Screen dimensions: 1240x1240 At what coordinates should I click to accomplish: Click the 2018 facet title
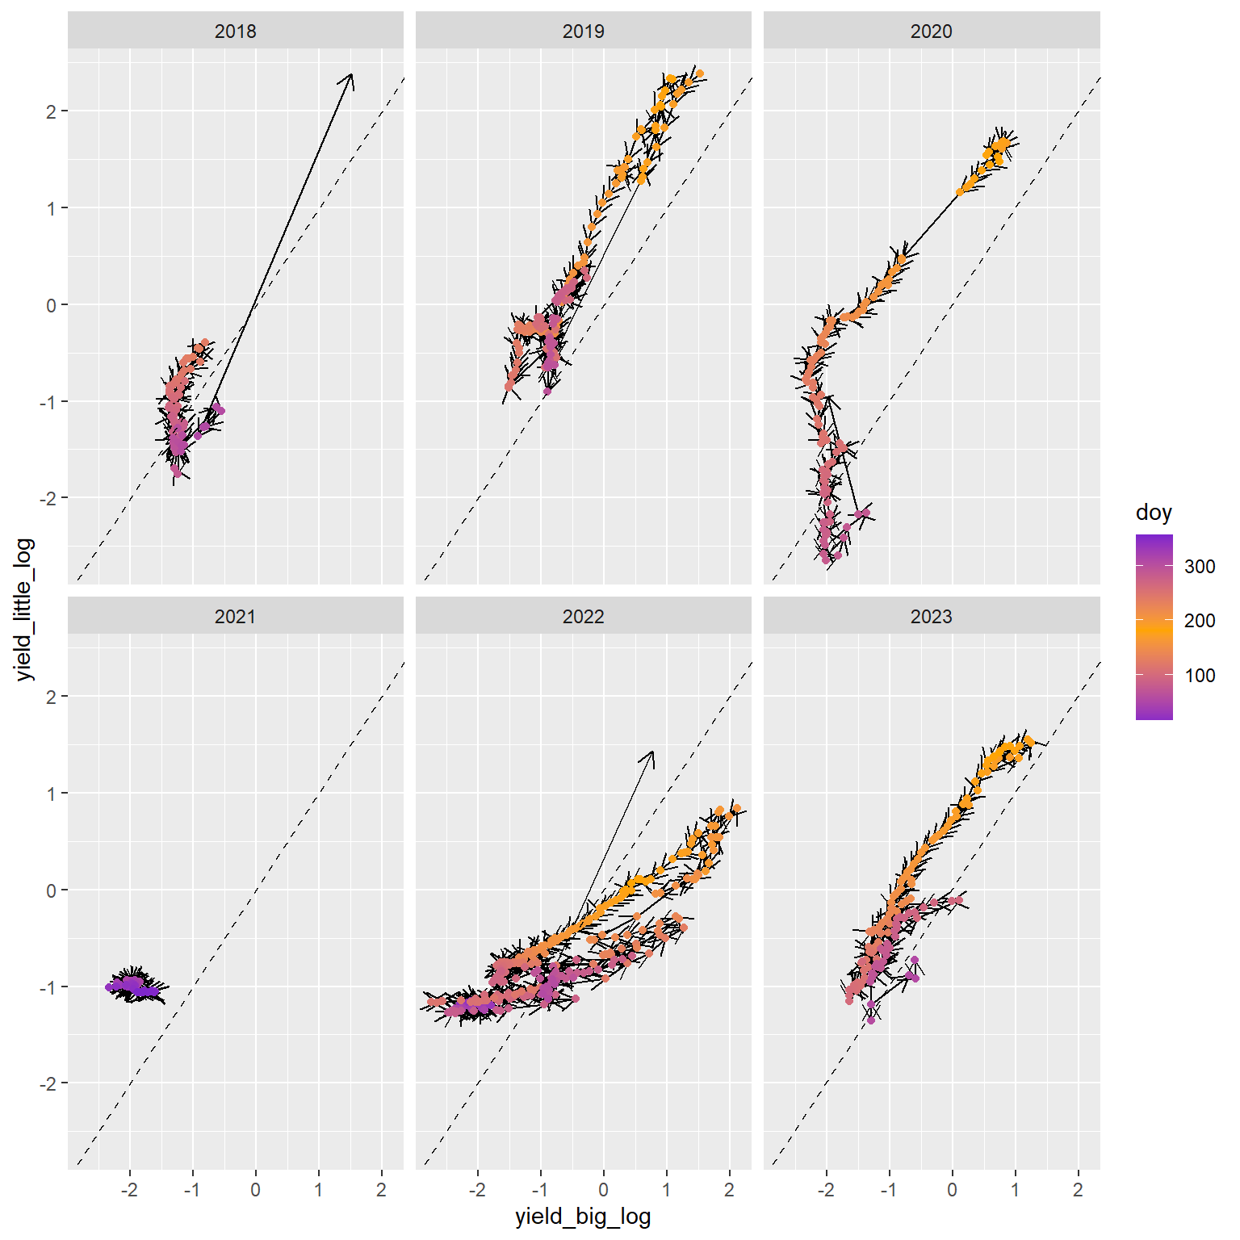pyautogui.click(x=235, y=31)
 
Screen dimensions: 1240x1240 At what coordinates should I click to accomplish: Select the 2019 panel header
pyautogui.click(x=583, y=31)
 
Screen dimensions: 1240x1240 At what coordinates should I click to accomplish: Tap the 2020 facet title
pyautogui.click(x=931, y=31)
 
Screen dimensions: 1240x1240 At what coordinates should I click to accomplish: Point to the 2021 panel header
pyautogui.click(x=235, y=617)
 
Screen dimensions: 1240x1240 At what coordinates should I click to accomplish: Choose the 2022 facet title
pyautogui.click(x=583, y=617)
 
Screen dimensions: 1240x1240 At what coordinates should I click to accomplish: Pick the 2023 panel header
pyautogui.click(x=931, y=617)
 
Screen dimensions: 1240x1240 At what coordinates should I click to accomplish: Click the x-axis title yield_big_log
pyautogui.click(x=583, y=1217)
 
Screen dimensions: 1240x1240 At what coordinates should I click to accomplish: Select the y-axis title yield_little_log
pyautogui.click(x=25, y=610)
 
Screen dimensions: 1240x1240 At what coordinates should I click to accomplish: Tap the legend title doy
pyautogui.click(x=1153, y=513)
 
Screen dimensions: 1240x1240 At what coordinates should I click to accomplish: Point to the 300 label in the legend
pyautogui.click(x=1200, y=567)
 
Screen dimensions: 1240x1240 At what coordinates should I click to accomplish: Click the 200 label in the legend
pyautogui.click(x=1200, y=621)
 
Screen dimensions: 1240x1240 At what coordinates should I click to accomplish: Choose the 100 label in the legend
pyautogui.click(x=1200, y=676)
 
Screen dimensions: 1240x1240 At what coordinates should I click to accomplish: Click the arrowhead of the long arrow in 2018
pyautogui.click(x=350, y=76)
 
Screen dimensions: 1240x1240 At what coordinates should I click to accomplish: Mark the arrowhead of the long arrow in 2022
pyautogui.click(x=651, y=753)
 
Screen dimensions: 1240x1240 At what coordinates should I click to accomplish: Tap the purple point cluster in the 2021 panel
pyautogui.click(x=133, y=986)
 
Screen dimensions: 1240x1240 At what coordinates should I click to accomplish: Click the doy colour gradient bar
pyautogui.click(x=1154, y=626)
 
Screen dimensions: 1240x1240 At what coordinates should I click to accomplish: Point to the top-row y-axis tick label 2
pyautogui.click(x=52, y=111)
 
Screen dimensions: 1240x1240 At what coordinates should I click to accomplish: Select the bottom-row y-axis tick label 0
pyautogui.click(x=52, y=890)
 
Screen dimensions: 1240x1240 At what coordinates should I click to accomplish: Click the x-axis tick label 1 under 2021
pyautogui.click(x=318, y=1190)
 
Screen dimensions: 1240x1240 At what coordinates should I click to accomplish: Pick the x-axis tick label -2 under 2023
pyautogui.click(x=826, y=1190)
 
